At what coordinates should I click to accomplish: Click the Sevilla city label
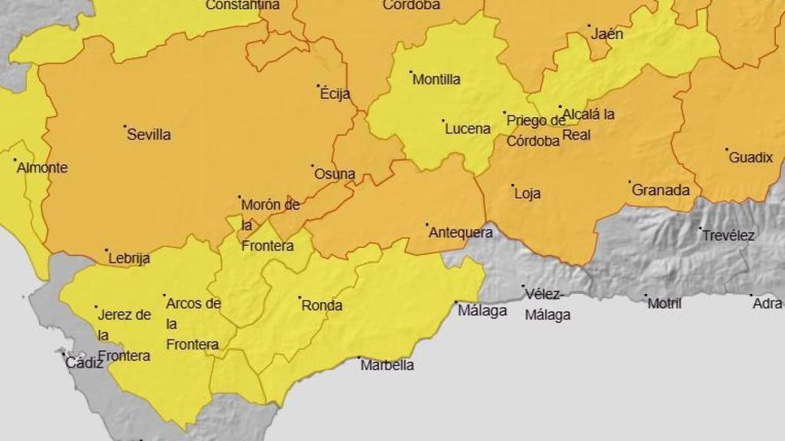(149, 135)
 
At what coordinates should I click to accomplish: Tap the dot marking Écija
(319, 86)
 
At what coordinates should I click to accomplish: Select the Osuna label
(335, 174)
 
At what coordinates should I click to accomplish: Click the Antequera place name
(460, 233)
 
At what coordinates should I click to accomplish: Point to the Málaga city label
(482, 311)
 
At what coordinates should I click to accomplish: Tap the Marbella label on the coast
(387, 365)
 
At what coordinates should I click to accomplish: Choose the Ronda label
(322, 305)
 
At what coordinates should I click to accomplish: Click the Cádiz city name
(84, 363)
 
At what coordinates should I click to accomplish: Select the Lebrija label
(129, 259)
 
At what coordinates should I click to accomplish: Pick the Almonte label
(42, 168)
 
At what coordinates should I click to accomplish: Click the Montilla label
(437, 80)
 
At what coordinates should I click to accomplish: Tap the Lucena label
(468, 129)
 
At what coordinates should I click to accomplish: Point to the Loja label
(527, 194)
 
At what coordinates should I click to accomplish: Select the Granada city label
(661, 191)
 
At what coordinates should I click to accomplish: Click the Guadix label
(751, 158)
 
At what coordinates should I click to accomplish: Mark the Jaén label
(607, 34)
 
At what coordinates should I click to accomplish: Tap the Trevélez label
(728, 236)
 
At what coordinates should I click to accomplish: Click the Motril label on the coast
(665, 304)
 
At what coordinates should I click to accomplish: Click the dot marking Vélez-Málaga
(524, 287)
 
